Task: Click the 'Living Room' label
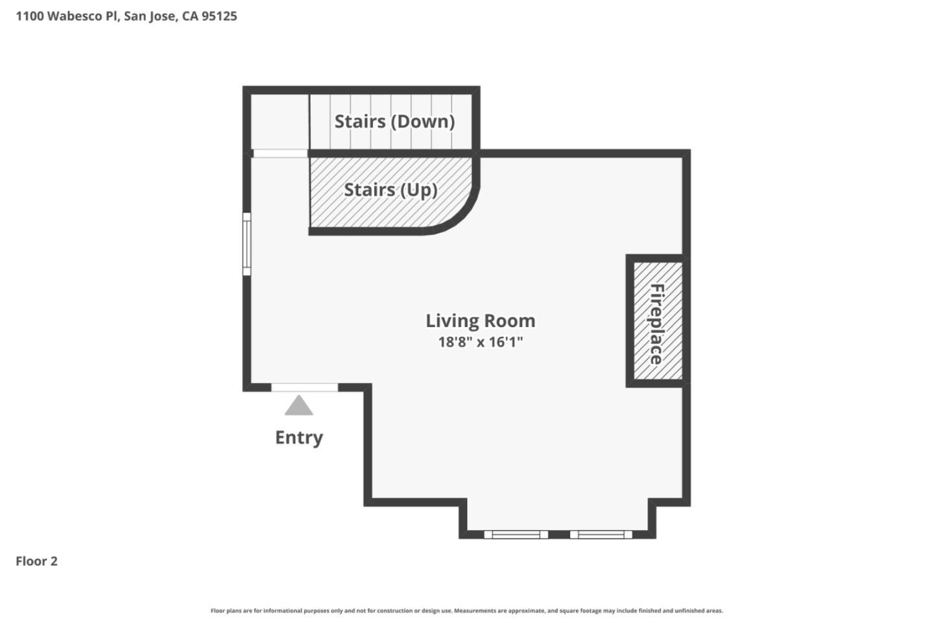pyautogui.click(x=480, y=321)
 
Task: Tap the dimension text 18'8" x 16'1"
pyautogui.click(x=480, y=342)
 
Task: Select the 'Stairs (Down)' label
pyautogui.click(x=394, y=121)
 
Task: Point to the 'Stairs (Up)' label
pyautogui.click(x=390, y=189)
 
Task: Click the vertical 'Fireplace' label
pyautogui.click(x=656, y=324)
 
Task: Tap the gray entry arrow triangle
pyautogui.click(x=299, y=406)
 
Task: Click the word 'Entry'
pyautogui.click(x=299, y=437)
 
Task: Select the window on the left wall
pyautogui.click(x=246, y=244)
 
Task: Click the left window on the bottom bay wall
pyautogui.click(x=516, y=535)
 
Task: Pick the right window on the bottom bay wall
pyautogui.click(x=601, y=535)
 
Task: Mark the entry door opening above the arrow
pyautogui.click(x=304, y=387)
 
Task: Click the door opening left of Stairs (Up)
pyautogui.click(x=280, y=154)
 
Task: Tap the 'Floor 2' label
pyautogui.click(x=36, y=561)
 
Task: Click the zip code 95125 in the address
pyautogui.click(x=219, y=16)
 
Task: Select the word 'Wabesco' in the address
pyautogui.click(x=76, y=16)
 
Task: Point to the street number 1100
pyautogui.click(x=29, y=16)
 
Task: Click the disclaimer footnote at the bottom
pyautogui.click(x=466, y=611)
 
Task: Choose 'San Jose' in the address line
pyautogui.click(x=150, y=16)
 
